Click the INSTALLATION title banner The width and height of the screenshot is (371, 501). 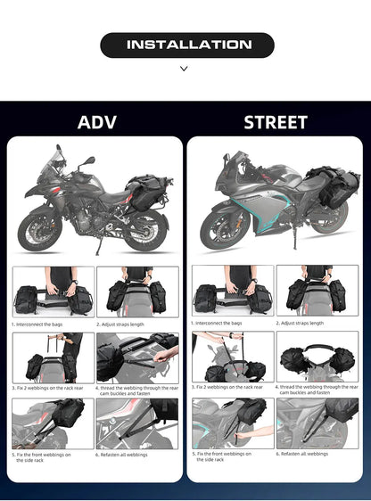(x=185, y=45)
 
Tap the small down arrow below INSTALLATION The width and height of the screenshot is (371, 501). (x=185, y=68)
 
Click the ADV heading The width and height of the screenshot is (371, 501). (x=96, y=122)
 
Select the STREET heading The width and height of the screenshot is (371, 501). (x=275, y=122)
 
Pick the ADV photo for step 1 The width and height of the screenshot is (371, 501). (x=53, y=291)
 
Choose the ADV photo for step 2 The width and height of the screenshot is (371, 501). (x=136, y=291)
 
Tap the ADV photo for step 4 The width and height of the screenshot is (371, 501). (x=136, y=357)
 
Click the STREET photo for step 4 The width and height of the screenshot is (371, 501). (x=317, y=357)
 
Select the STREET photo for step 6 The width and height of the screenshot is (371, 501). (x=317, y=423)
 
